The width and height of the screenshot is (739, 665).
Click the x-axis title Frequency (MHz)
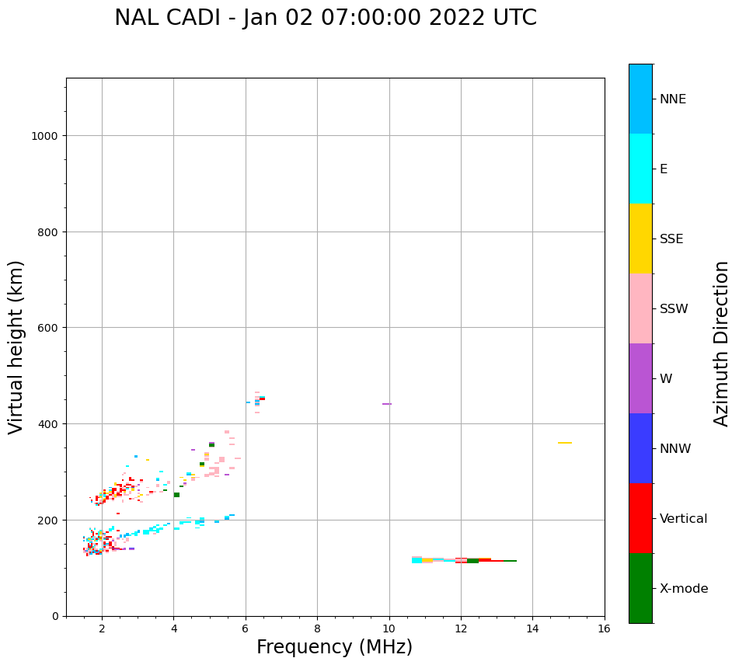tap(334, 647)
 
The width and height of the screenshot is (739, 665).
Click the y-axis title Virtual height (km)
tap(16, 346)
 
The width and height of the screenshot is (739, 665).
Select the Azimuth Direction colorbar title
tap(722, 343)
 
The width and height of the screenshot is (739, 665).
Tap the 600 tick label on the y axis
tap(48, 328)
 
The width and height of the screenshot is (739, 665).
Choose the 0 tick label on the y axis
tap(54, 616)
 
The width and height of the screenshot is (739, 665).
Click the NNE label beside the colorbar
tap(673, 99)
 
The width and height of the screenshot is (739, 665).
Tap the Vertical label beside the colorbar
tap(683, 519)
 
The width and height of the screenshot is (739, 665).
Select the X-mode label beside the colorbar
tap(684, 589)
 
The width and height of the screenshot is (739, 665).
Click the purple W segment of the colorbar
tap(640, 378)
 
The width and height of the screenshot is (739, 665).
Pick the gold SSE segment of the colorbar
tap(640, 238)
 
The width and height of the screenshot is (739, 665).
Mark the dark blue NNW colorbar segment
tap(640, 448)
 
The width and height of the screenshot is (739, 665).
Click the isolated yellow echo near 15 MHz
tap(565, 443)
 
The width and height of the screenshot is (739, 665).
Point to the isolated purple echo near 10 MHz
tap(386, 404)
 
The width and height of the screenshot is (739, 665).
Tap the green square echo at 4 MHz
tap(176, 495)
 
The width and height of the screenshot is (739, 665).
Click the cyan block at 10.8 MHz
tap(417, 559)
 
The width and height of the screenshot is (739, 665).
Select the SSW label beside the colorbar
tap(674, 309)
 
